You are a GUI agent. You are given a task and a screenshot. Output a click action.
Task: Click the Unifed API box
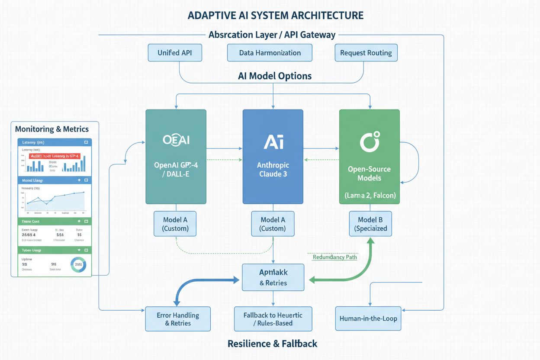point(175,53)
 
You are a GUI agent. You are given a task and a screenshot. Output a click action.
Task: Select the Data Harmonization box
point(270,53)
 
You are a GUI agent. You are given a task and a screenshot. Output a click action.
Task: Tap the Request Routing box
point(366,53)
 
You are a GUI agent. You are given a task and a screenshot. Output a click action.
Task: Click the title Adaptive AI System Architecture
point(276,16)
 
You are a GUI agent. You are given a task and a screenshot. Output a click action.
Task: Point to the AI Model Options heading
point(274,76)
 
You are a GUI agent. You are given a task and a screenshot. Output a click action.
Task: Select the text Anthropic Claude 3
point(273,170)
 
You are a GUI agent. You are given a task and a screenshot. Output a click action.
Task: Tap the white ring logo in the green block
point(370,142)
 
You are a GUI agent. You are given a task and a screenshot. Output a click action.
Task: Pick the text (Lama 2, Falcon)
point(370,195)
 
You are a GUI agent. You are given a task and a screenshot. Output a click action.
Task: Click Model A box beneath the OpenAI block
point(176,224)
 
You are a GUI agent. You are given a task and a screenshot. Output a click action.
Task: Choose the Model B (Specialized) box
point(370,224)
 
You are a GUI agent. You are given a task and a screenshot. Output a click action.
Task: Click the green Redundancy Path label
point(335,257)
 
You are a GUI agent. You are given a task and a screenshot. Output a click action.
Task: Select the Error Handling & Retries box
point(178,319)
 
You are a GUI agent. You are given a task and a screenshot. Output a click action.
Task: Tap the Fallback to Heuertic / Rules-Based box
point(273,319)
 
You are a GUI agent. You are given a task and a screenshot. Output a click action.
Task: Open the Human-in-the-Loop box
point(368,318)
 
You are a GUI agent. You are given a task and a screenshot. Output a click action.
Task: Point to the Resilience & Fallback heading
point(272,344)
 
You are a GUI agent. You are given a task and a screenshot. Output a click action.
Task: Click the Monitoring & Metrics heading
point(52,129)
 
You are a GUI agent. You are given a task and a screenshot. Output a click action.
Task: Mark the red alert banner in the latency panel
point(54,156)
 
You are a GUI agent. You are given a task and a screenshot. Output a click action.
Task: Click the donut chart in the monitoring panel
point(78,264)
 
